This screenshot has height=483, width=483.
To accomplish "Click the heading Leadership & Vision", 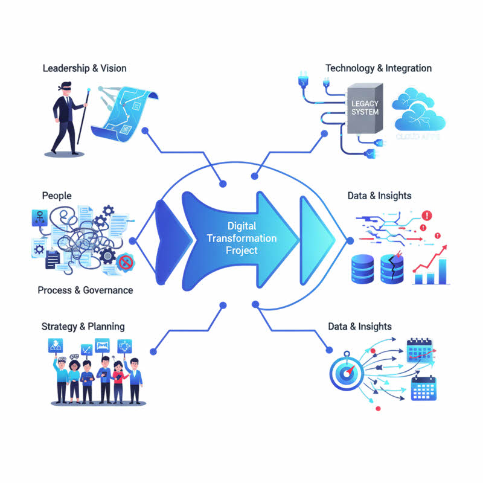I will [85, 68].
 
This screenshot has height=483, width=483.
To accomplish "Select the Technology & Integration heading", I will [379, 68].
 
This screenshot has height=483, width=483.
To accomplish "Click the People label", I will [57, 196].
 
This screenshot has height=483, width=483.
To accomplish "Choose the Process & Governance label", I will [85, 290].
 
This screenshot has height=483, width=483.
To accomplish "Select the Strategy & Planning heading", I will [83, 327].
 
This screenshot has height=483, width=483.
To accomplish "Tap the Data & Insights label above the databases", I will [379, 196].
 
